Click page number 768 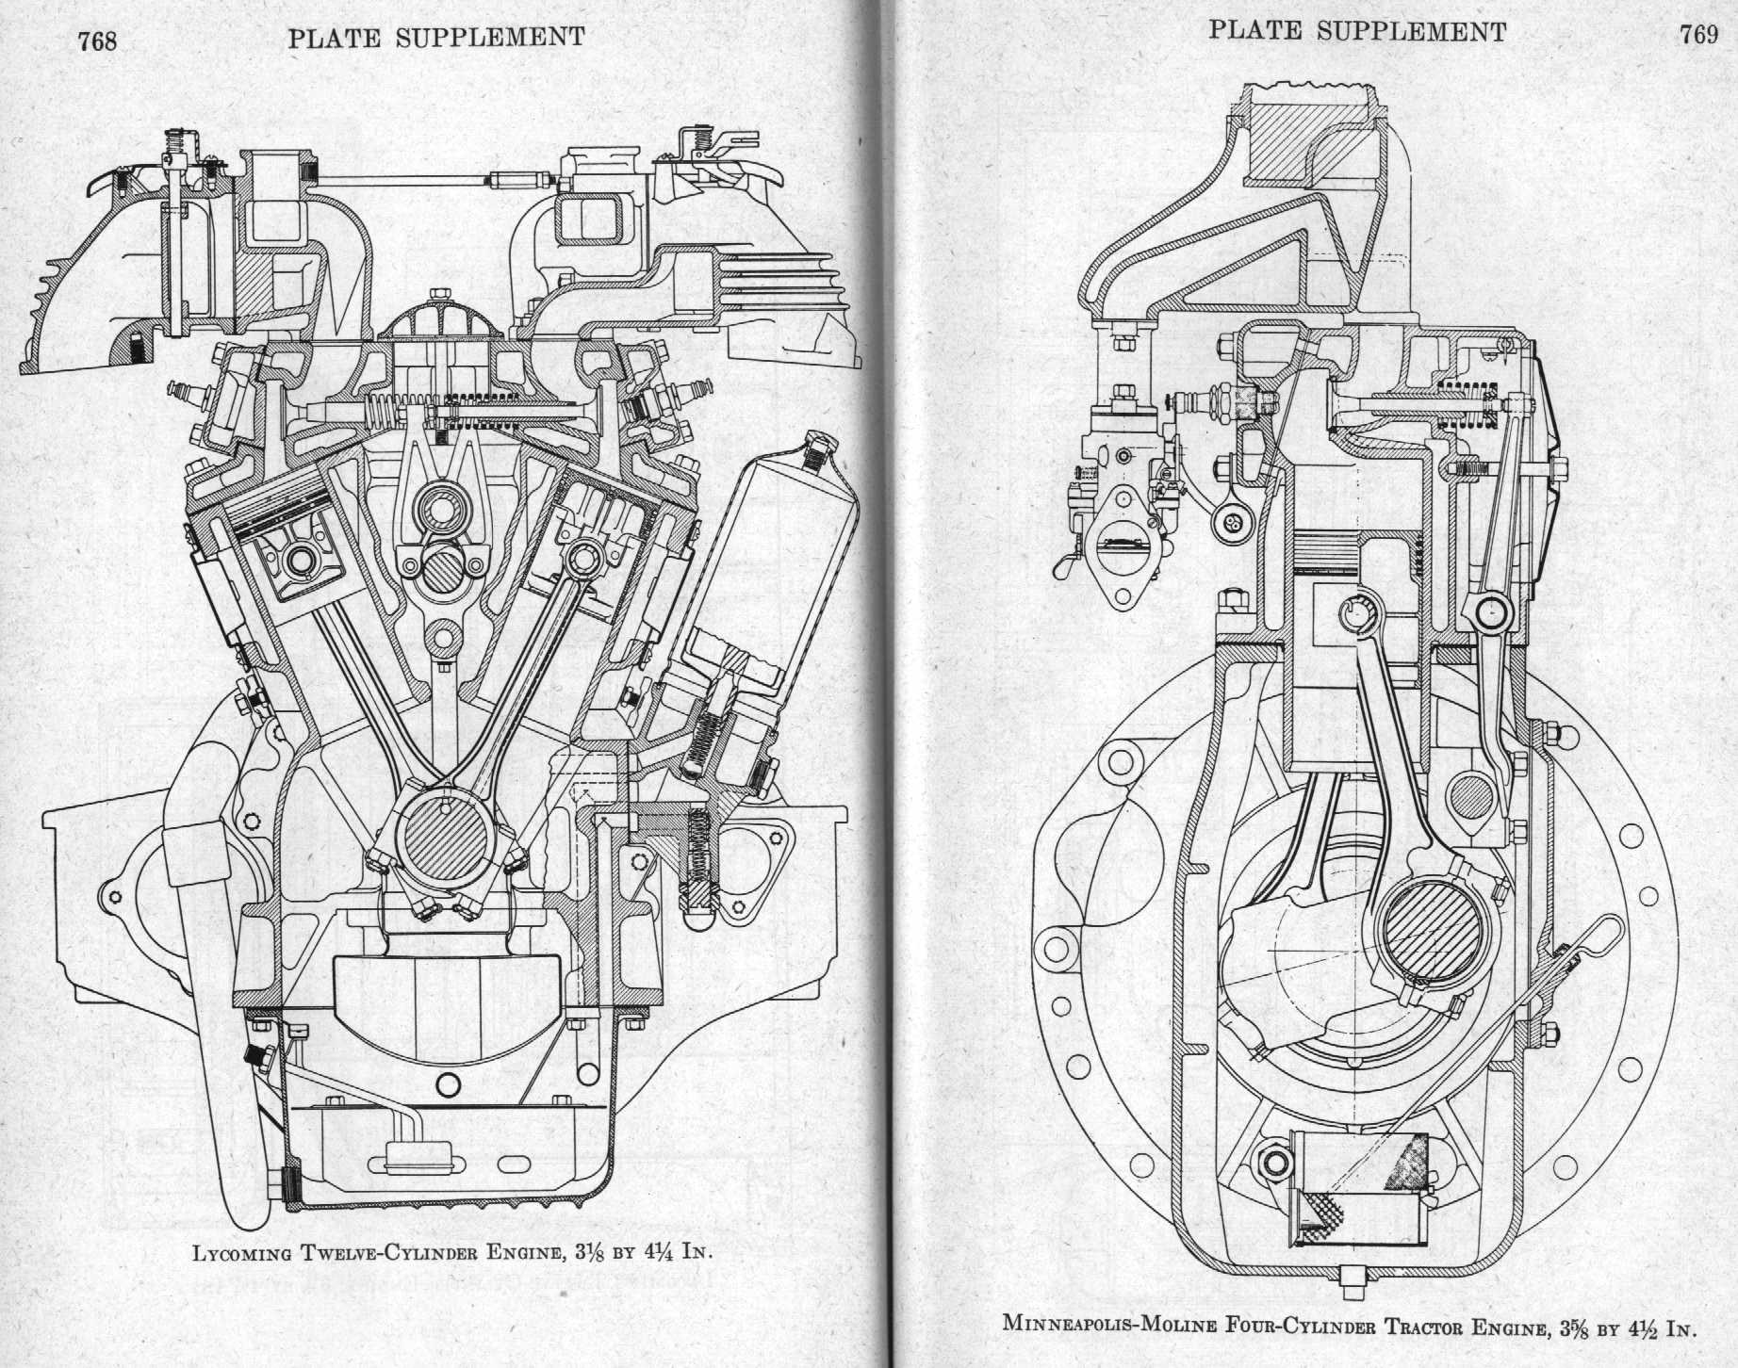[x=98, y=41]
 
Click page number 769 [x=1698, y=34]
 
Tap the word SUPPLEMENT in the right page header [x=1411, y=32]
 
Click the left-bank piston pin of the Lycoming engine [x=301, y=562]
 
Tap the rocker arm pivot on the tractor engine [x=1492, y=612]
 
